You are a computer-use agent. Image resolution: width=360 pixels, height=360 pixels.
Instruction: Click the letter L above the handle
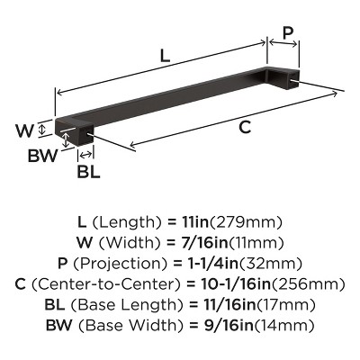[x=164, y=55]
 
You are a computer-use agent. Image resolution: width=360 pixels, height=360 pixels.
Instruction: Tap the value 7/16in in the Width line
[x=206, y=242]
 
